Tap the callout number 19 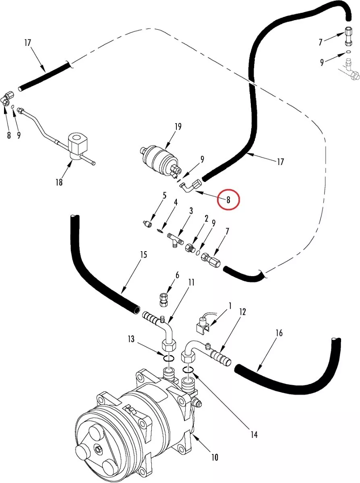click(178, 127)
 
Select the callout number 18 click(59, 182)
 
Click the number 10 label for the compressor click(215, 457)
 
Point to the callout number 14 click(254, 435)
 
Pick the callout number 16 click(279, 333)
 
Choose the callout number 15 click(144, 255)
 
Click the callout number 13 click(131, 339)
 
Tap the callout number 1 click(230, 306)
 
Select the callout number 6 click(177, 275)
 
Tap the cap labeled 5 click(148, 224)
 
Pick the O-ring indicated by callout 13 click(169, 358)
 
